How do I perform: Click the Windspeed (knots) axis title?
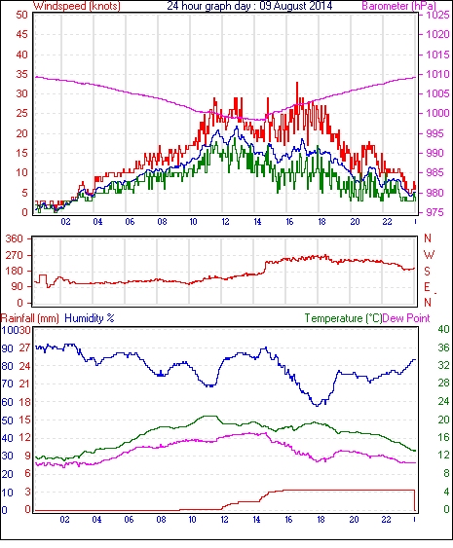pos(77,6)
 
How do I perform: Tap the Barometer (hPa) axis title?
pos(398,6)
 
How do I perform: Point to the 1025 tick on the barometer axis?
pos(437,15)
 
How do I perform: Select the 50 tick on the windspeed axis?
pos(21,15)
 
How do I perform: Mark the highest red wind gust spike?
pos(297,83)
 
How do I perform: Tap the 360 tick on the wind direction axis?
pos(15,239)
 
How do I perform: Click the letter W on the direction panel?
pos(429,254)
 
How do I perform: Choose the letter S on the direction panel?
pos(427,271)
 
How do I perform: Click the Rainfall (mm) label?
pos(30,318)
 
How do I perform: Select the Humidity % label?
pos(90,318)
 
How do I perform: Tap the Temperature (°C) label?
pos(343,318)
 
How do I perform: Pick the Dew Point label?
pos(406,318)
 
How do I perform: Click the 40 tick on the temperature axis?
pos(443,329)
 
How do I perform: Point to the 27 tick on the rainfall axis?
pos(24,348)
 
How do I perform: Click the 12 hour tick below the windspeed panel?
pos(225,222)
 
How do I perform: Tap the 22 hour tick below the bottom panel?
pos(386,520)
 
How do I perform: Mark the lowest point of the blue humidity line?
pos(318,406)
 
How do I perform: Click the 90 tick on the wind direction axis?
pos(18,287)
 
